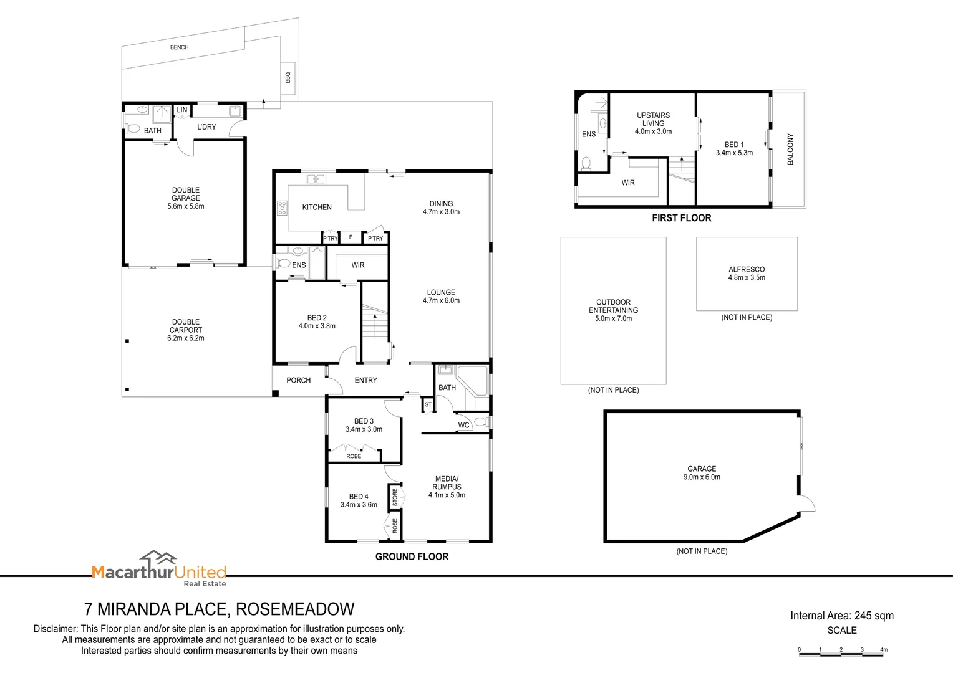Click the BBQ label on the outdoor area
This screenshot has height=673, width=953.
coord(288,77)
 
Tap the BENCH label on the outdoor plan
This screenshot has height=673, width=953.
coord(179,47)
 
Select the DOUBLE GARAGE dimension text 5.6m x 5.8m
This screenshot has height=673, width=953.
coord(185,206)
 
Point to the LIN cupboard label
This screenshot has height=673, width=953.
coord(181,110)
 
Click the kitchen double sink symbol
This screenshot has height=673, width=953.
coord(316,179)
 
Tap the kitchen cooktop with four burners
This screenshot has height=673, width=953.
coord(282,208)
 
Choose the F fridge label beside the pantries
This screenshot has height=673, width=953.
coord(351,237)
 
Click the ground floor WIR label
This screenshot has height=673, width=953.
coord(358,265)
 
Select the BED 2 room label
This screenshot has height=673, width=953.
coord(317,318)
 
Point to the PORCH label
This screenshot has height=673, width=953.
coord(298,380)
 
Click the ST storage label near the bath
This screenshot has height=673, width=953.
coord(428,404)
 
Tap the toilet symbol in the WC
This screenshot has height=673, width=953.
coord(481,422)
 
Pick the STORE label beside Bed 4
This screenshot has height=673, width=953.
coord(395,497)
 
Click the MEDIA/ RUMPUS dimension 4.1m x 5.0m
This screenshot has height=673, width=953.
coord(447,495)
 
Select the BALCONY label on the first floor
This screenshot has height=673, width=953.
coord(790,149)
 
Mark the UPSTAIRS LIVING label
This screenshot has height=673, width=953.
coord(653,119)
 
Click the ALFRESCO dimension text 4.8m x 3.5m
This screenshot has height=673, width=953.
coord(747,278)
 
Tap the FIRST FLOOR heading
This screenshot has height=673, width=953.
coord(682,218)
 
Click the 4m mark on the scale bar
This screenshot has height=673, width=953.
coord(884,649)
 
